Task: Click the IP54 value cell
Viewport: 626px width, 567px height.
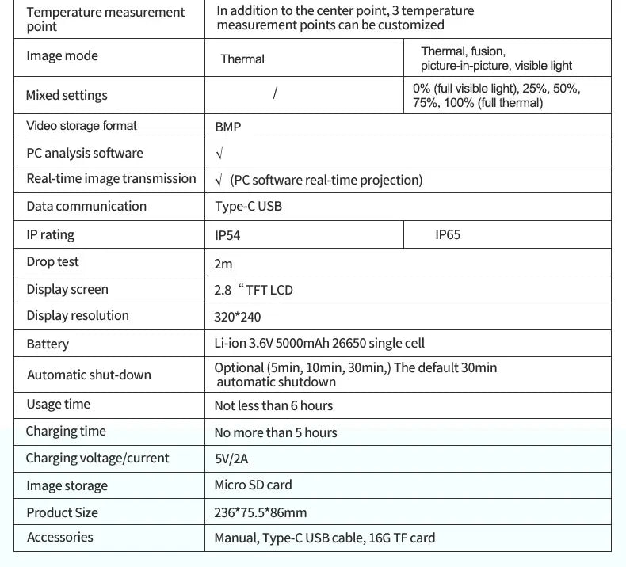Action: [227, 235]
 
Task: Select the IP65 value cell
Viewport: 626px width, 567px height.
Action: [447, 234]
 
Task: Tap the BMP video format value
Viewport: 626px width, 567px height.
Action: [227, 127]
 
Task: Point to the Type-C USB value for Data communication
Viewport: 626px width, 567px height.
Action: [248, 207]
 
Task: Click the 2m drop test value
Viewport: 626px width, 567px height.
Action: [223, 264]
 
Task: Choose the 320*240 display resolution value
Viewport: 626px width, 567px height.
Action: [237, 317]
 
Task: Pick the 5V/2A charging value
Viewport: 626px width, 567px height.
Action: [231, 459]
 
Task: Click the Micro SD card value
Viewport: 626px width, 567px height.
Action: [253, 485]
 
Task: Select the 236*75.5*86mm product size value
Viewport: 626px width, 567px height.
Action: [260, 512]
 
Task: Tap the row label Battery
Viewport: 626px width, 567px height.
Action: [48, 344]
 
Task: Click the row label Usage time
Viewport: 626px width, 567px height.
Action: [58, 405]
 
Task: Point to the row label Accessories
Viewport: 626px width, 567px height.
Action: [59, 538]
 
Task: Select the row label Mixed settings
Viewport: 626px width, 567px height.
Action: [67, 96]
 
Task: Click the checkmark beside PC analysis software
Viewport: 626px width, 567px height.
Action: [219, 154]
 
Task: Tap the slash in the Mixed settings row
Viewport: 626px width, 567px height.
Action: [274, 93]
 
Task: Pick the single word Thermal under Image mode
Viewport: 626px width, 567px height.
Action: [242, 59]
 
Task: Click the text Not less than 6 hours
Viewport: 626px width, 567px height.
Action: [273, 405]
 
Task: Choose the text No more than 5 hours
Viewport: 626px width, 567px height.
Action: [276, 432]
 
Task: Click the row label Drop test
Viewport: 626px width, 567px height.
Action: [52, 262]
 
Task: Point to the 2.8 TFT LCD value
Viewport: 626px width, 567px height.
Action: [254, 290]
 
